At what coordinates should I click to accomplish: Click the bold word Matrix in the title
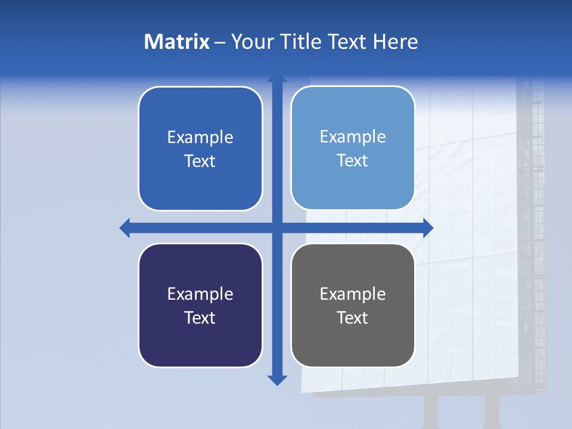pos(177,42)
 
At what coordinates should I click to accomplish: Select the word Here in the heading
pos(396,42)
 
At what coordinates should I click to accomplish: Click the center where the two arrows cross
pos(277,228)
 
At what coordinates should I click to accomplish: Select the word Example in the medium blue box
pos(200,138)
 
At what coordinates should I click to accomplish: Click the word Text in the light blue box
pos(352,161)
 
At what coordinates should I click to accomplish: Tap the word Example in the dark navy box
pos(200,294)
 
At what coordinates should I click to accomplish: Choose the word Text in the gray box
pos(352,318)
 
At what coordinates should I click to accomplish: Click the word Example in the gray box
pos(352,294)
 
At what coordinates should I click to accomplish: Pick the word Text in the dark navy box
pos(200,318)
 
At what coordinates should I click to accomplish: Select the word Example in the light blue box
pos(352,137)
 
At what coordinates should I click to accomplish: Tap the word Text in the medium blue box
pos(200,161)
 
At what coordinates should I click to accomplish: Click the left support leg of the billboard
pos(431,411)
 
